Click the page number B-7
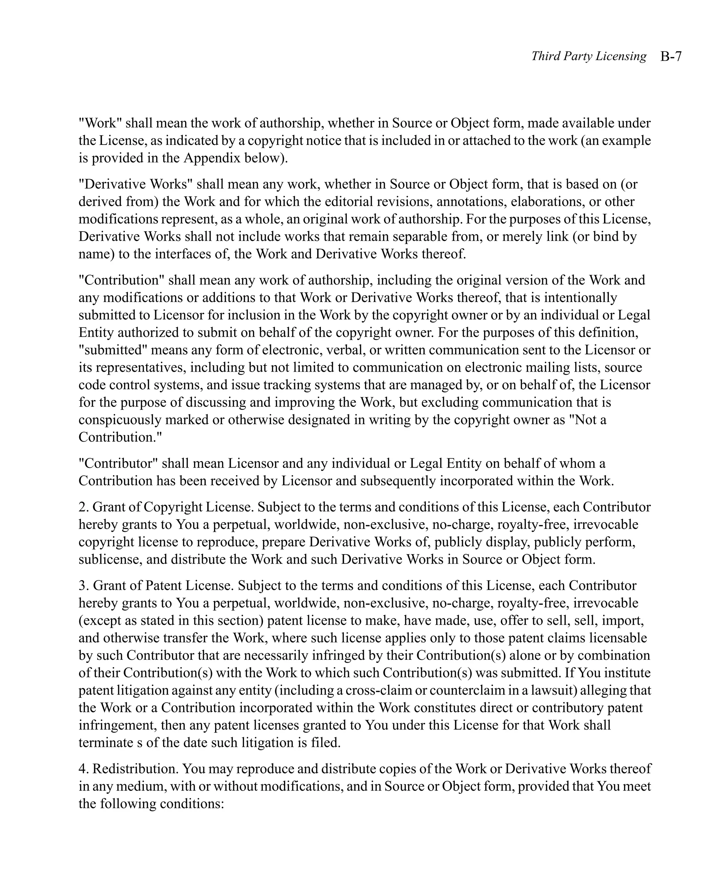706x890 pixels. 670,56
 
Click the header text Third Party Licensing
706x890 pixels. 588,56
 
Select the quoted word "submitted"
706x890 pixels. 113,350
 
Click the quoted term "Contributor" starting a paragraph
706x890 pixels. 118,463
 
